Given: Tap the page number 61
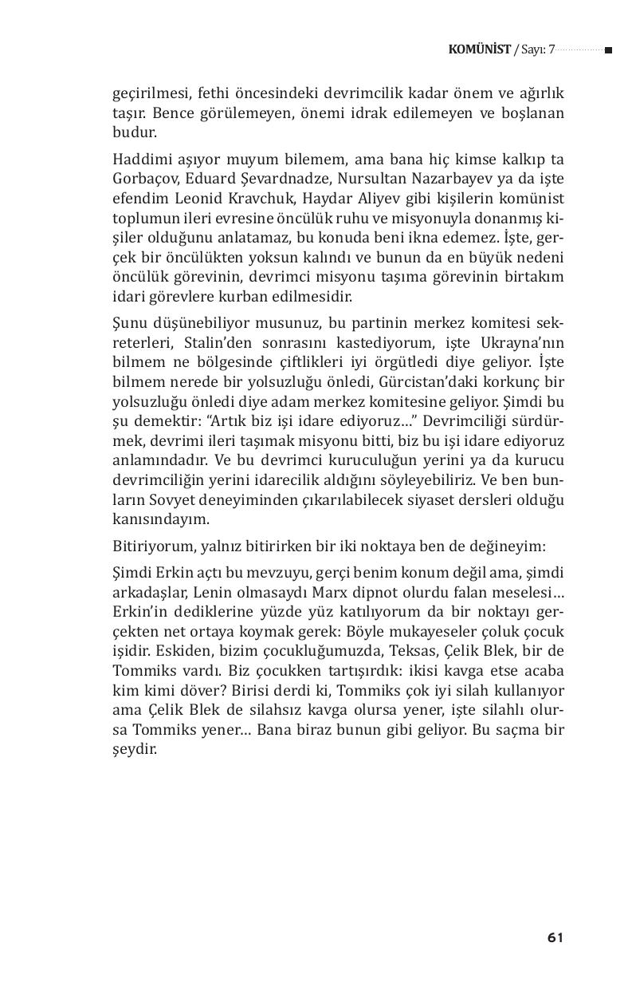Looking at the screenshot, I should (x=556, y=937).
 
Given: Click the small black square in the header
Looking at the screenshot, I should (x=608, y=50).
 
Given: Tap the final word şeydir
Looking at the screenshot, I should (x=135, y=751).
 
